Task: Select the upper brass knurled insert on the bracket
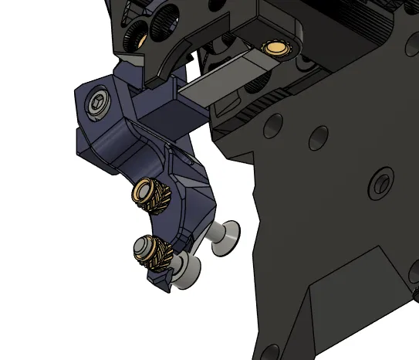tap(145, 189)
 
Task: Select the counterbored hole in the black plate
tap(378, 183)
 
